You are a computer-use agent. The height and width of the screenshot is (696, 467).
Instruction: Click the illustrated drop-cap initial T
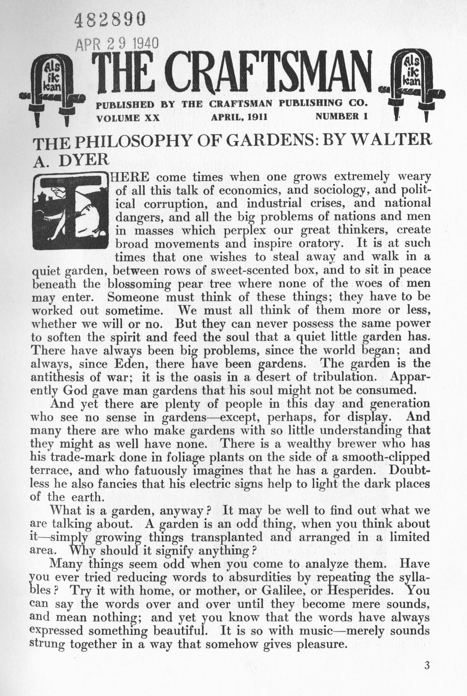(x=70, y=212)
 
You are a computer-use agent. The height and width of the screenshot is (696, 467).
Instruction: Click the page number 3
(x=427, y=665)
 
